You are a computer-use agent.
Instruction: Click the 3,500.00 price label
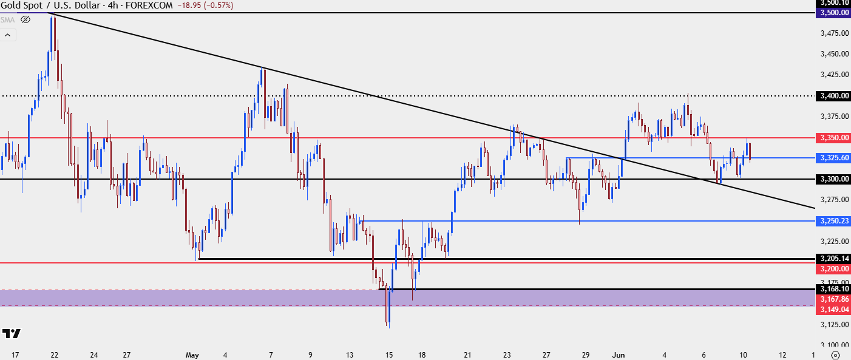click(833, 12)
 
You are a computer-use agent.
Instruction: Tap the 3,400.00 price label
click(833, 95)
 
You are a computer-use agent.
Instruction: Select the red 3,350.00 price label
click(833, 138)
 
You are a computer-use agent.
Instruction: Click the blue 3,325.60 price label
click(833, 158)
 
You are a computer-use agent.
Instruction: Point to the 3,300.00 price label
click(833, 179)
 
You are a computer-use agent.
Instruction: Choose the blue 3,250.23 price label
click(833, 221)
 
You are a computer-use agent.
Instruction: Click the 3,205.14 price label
click(833, 259)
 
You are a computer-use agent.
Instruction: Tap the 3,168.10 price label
click(833, 289)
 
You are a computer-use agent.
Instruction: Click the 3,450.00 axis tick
click(833, 54)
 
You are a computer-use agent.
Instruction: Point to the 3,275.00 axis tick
click(833, 200)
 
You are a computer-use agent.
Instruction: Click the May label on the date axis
click(192, 355)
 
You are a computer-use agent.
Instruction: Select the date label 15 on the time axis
click(389, 355)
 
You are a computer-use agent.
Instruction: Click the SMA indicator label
click(7, 19)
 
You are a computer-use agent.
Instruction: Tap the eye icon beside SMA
click(25, 19)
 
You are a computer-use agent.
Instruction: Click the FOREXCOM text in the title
click(150, 5)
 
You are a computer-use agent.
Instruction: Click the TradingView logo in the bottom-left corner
click(12, 333)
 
